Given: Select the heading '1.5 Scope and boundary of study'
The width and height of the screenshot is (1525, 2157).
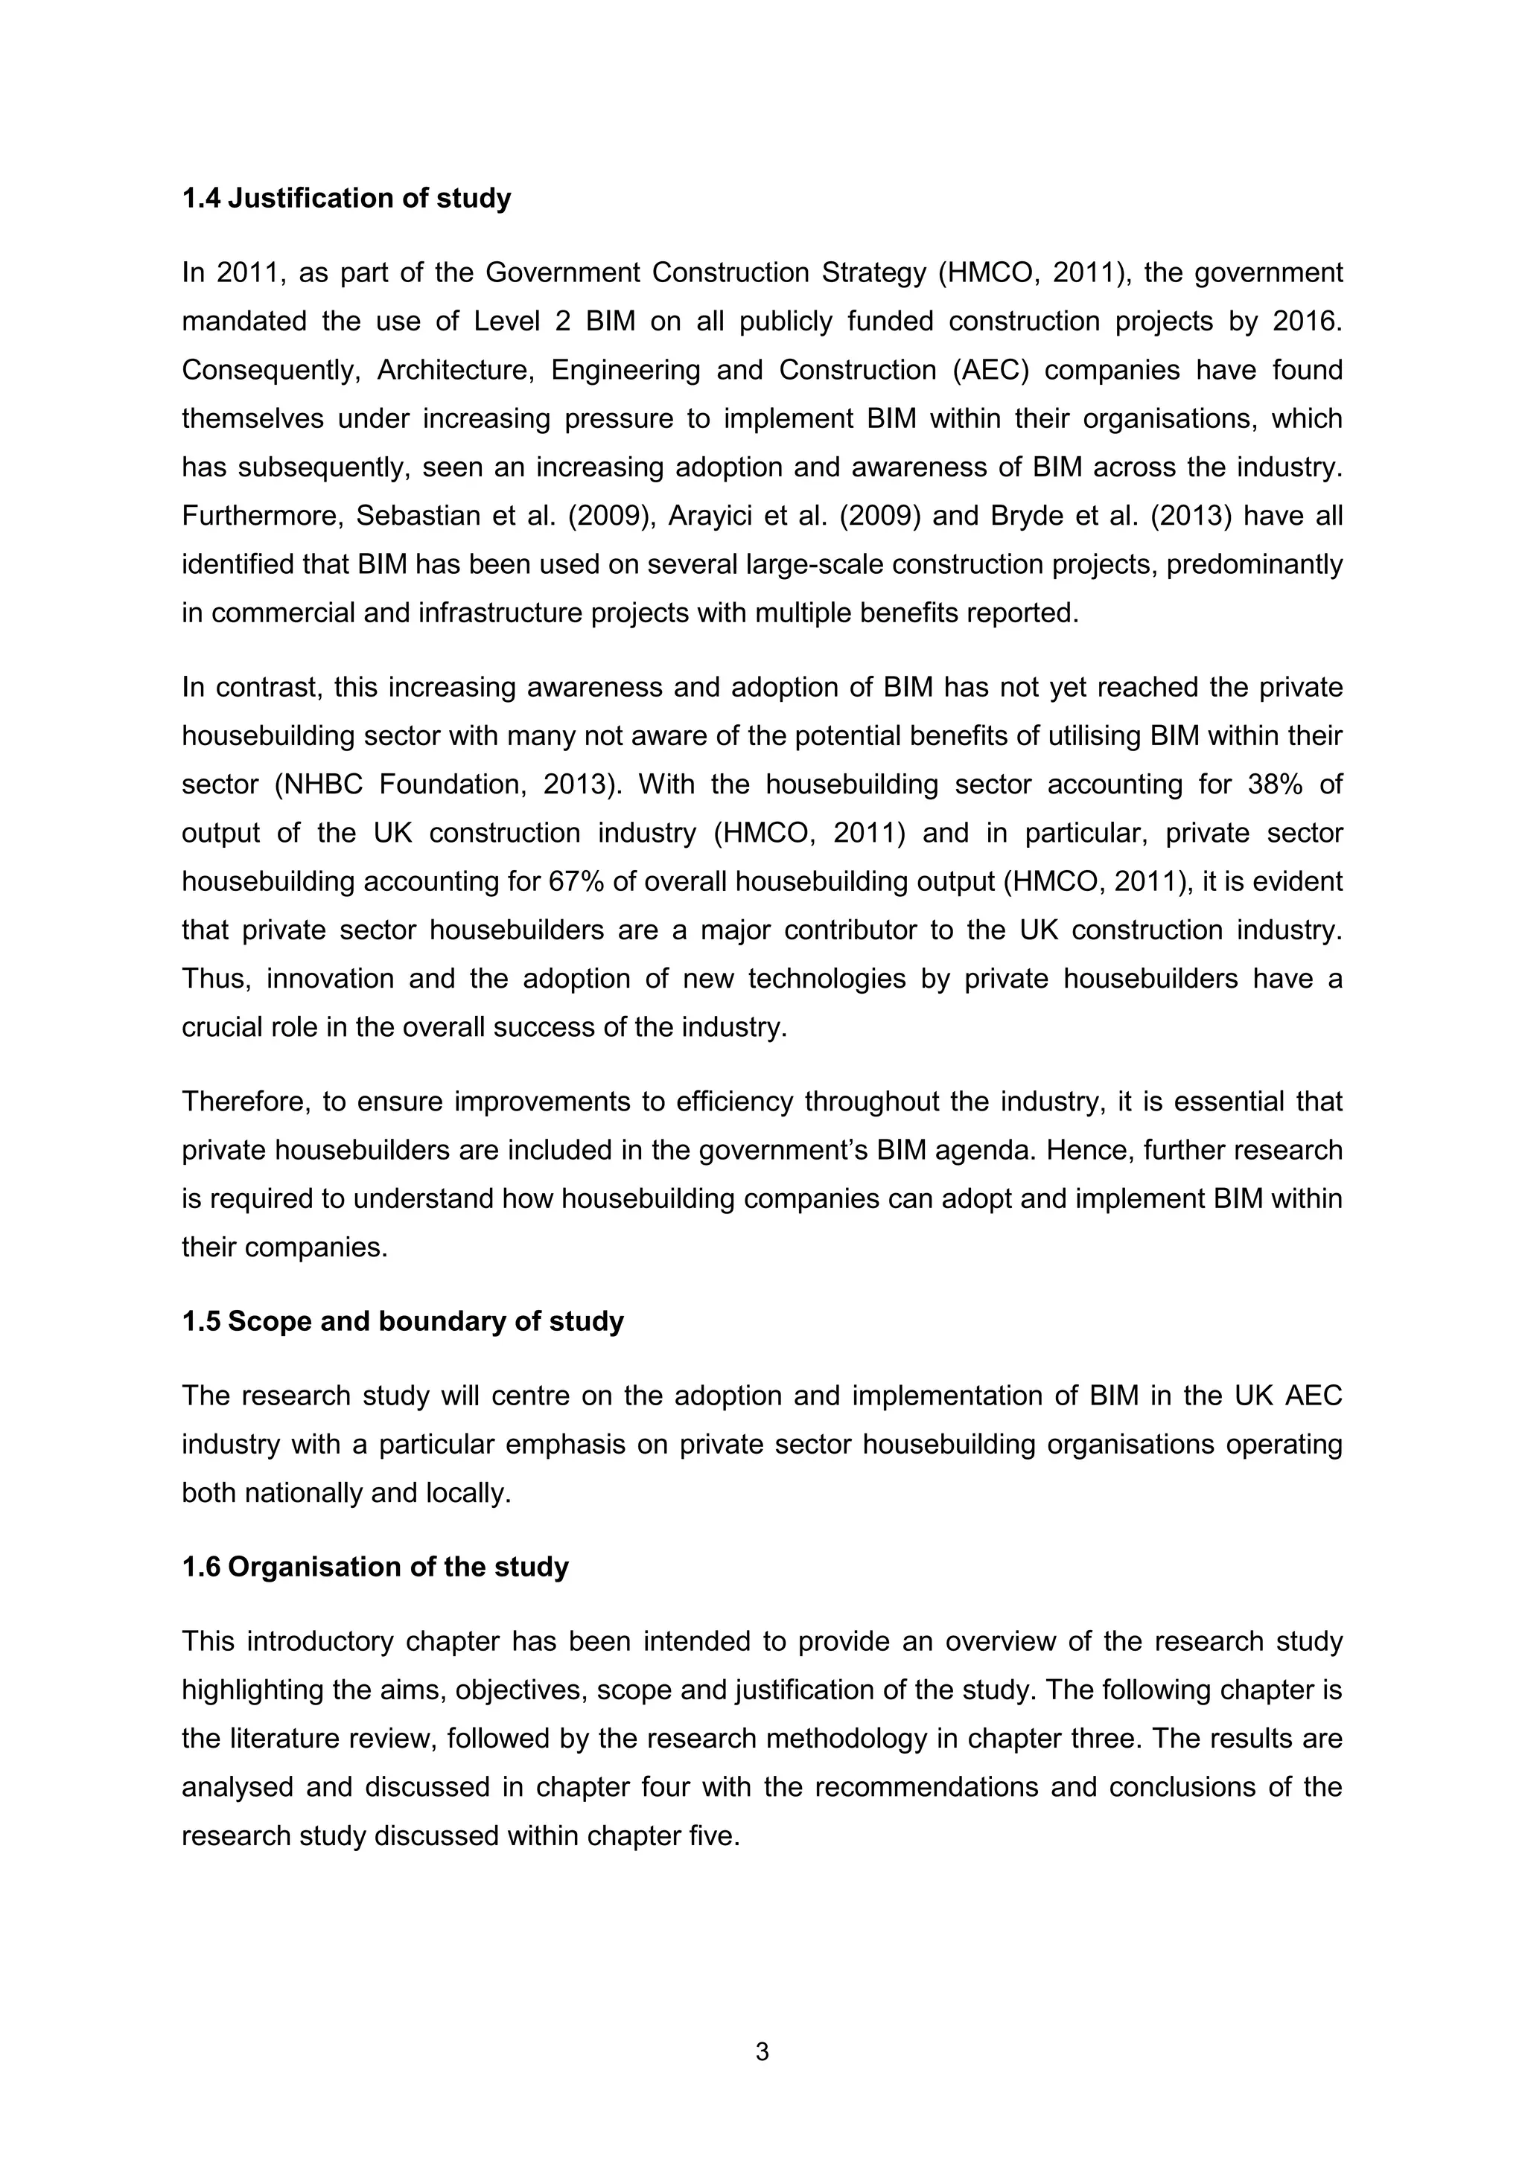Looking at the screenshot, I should tap(402, 1321).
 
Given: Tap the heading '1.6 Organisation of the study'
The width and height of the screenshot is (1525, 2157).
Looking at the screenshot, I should tap(375, 1567).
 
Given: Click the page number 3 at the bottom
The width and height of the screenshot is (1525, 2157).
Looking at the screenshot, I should tap(762, 2052).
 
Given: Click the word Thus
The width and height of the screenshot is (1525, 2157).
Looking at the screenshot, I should tap(215, 979).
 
